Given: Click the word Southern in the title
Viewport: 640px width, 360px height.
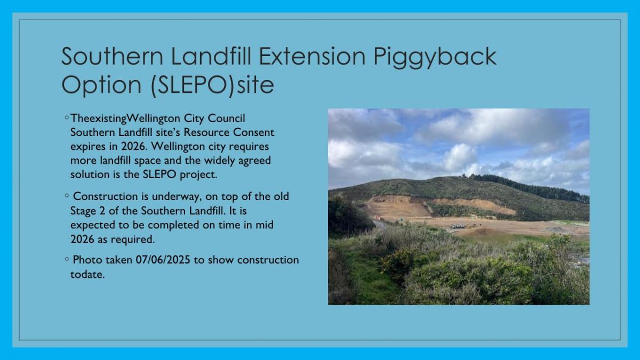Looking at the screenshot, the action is tap(112, 56).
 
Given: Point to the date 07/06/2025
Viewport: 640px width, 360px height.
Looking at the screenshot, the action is tap(163, 260).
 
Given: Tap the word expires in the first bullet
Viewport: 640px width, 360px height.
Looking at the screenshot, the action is tap(88, 147).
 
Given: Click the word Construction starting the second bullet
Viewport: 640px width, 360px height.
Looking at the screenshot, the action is tap(106, 196).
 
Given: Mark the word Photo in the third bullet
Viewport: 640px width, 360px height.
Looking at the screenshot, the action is tap(87, 260).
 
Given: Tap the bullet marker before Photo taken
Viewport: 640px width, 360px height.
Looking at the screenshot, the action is tap(67, 259).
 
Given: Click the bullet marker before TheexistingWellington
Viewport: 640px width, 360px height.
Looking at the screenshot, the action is tap(67, 117).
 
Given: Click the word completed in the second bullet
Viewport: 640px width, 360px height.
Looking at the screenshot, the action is tap(175, 226).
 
